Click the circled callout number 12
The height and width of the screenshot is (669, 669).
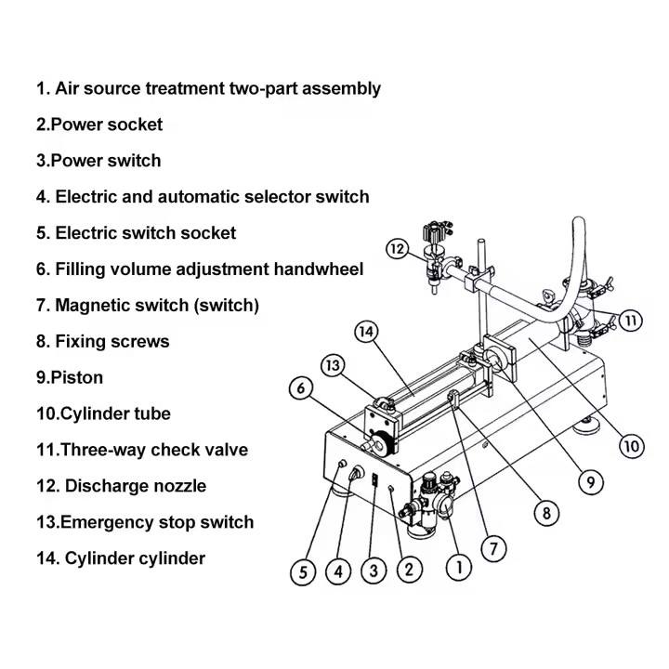pyautogui.click(x=398, y=249)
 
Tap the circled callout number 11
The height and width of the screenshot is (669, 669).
pyautogui.click(x=630, y=321)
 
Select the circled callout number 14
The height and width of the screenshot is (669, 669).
pyautogui.click(x=368, y=332)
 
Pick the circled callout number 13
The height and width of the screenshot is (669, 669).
pyautogui.click(x=334, y=365)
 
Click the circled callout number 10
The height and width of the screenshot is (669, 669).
pyautogui.click(x=632, y=446)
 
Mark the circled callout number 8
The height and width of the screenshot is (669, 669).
pyautogui.click(x=545, y=512)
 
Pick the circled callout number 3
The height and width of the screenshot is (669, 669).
pyautogui.click(x=374, y=571)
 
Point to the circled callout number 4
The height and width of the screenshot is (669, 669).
pyautogui.click(x=337, y=572)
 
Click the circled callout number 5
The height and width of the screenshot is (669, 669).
pyautogui.click(x=303, y=572)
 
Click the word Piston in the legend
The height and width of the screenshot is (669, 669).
pyautogui.click(x=77, y=377)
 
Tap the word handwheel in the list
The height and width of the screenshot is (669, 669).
pyautogui.click(x=318, y=269)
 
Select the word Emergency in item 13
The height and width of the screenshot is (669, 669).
pyautogui.click(x=104, y=522)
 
